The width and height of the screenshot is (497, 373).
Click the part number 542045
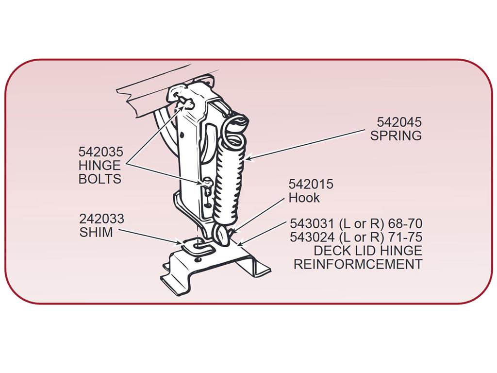[399, 122]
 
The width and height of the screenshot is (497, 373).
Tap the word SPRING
[396, 136]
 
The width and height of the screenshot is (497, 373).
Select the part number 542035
[101, 152]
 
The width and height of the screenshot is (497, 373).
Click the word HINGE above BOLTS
[99, 166]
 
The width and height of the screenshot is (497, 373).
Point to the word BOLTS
[100, 179]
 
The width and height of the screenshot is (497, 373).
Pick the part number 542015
[311, 184]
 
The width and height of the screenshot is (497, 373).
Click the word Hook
[304, 198]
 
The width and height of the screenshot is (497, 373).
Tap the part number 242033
[101, 219]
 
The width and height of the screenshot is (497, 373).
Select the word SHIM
[96, 233]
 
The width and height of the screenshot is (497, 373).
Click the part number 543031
[312, 224]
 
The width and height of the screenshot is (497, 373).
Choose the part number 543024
[312, 237]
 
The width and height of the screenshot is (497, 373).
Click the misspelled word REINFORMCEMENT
[358, 264]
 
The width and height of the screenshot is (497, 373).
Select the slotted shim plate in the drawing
[197, 246]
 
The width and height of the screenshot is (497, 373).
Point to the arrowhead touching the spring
[250, 158]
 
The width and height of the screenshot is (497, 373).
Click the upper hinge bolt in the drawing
[186, 103]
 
